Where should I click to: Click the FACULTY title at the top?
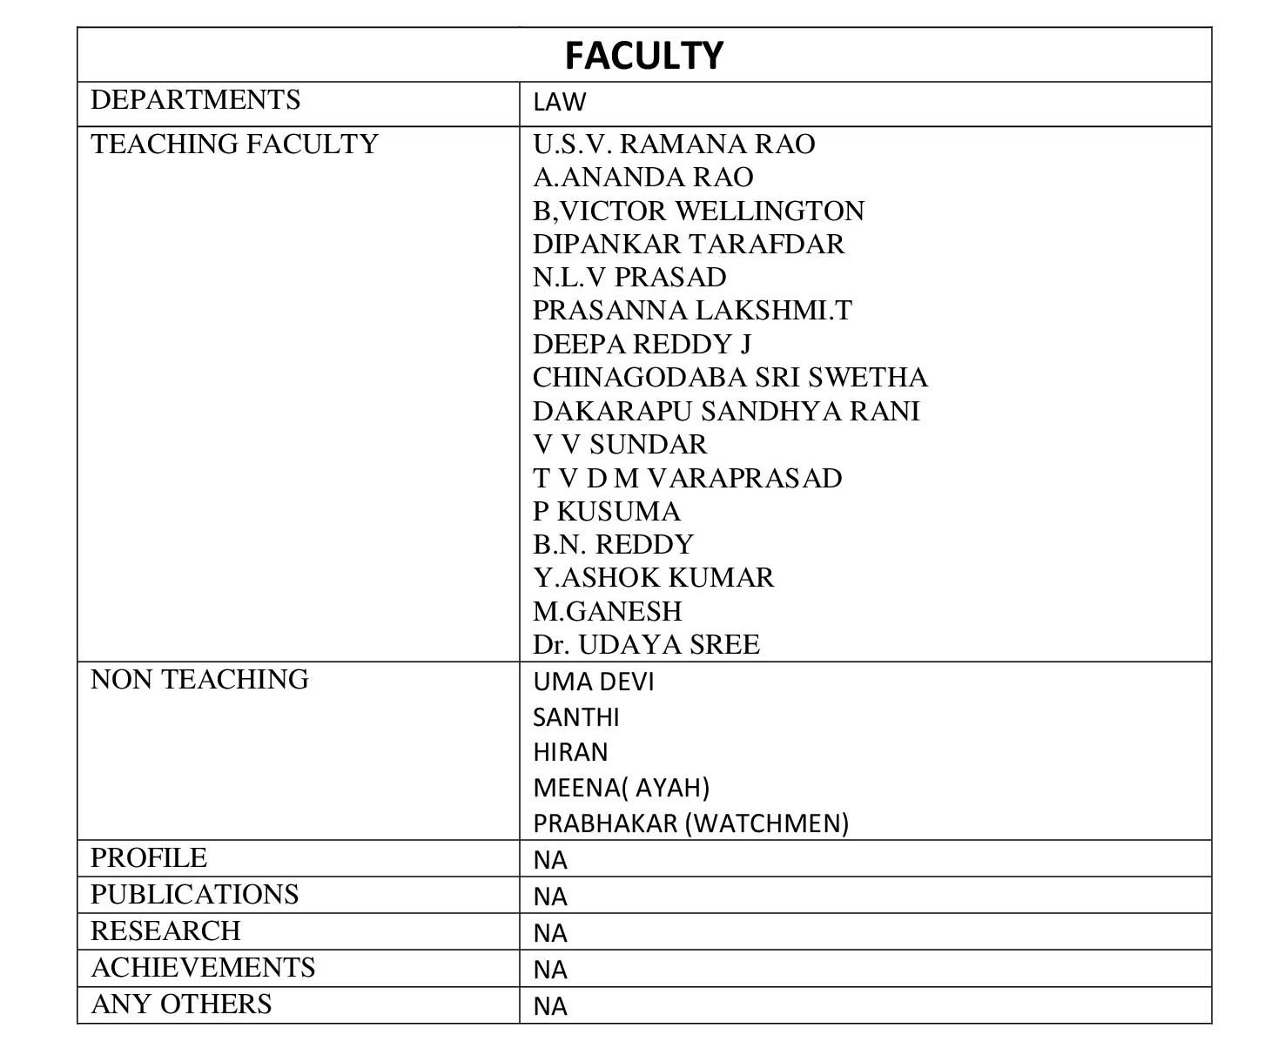point(643,56)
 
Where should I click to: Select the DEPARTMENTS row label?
point(195,99)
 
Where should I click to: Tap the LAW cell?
point(559,102)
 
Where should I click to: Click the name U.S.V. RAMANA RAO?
point(674,144)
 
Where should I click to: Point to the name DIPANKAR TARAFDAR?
point(688,244)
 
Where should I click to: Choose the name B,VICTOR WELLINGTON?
point(698,211)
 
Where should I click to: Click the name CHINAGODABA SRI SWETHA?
point(730,377)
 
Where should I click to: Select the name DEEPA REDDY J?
point(642,344)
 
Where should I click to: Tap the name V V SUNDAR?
point(619,444)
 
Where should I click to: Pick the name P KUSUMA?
point(606,511)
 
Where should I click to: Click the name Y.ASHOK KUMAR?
point(653,577)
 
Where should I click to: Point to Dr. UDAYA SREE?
point(646,644)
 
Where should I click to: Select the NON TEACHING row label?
point(199,679)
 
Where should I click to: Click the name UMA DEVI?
point(593,682)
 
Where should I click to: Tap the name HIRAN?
point(570,752)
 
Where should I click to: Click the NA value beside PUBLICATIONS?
point(550,897)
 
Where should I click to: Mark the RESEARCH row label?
point(165,931)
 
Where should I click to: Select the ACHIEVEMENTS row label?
point(203,967)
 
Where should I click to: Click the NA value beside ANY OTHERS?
point(550,1006)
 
